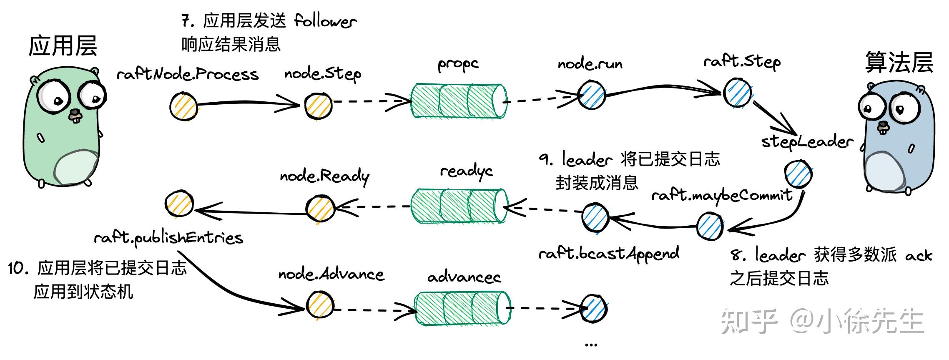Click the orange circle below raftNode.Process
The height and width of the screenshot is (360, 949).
[184, 106]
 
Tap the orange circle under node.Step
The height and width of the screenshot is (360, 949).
[318, 105]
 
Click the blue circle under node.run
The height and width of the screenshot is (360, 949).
[591, 95]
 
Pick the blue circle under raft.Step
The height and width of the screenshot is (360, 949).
[737, 93]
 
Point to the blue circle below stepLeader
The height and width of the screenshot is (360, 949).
[798, 174]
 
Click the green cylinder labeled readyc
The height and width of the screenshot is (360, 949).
[459, 206]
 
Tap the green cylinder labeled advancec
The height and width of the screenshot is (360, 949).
[462, 309]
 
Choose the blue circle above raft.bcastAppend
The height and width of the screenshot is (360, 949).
[595, 217]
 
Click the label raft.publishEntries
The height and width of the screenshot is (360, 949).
[168, 238]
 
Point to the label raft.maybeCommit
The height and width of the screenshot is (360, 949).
[721, 195]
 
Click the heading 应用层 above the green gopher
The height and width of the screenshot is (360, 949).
[63, 45]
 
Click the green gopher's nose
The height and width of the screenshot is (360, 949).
[75, 113]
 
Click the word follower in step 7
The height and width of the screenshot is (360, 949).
[325, 21]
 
